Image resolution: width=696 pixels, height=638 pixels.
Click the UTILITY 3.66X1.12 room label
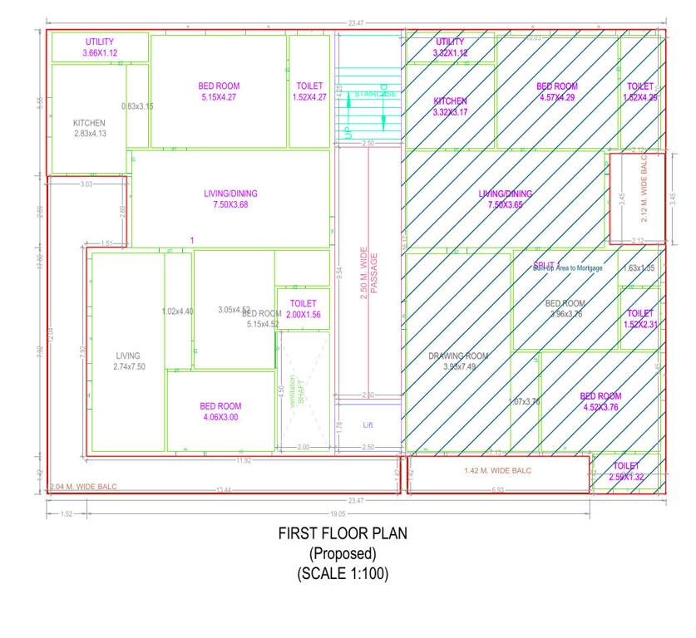point(100,47)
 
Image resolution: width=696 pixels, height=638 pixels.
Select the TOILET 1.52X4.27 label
point(309,91)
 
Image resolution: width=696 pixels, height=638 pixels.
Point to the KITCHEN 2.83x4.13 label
point(89,128)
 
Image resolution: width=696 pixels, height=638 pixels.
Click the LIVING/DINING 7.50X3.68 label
point(230,199)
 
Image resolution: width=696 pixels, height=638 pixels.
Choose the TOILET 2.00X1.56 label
point(304,309)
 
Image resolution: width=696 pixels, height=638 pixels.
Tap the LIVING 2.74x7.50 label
point(128,361)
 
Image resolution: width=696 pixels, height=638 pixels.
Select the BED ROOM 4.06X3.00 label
point(220,411)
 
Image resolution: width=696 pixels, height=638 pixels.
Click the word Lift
point(368,425)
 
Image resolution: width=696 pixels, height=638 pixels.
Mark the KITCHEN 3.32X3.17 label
point(450,106)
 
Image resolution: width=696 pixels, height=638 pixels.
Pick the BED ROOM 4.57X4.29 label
point(556,91)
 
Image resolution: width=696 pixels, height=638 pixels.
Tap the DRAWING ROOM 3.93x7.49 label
point(458,361)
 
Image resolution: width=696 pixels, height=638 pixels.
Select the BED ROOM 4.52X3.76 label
point(600,401)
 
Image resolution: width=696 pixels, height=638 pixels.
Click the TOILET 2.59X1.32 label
point(626,471)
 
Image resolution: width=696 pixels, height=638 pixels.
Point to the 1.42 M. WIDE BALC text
point(497,471)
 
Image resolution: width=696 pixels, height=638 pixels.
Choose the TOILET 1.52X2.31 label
point(639,318)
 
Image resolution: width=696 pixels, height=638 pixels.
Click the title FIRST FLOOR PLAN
point(343,534)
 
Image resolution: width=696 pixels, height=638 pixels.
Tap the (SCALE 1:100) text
point(343,573)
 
